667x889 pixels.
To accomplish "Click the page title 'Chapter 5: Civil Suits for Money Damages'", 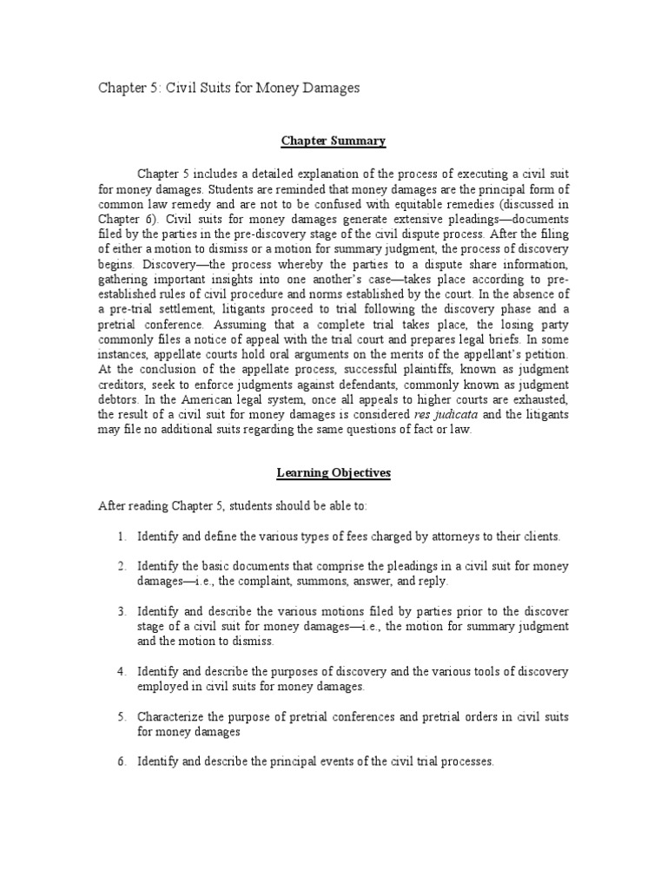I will pyautogui.click(x=228, y=88).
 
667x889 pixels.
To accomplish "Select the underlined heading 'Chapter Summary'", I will pyautogui.click(x=333, y=141).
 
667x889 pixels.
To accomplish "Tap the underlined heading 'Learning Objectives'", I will pyautogui.click(x=333, y=473).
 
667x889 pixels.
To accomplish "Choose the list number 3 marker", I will pyautogui.click(x=122, y=611).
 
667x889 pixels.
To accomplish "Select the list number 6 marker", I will pyautogui.click(x=122, y=761).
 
